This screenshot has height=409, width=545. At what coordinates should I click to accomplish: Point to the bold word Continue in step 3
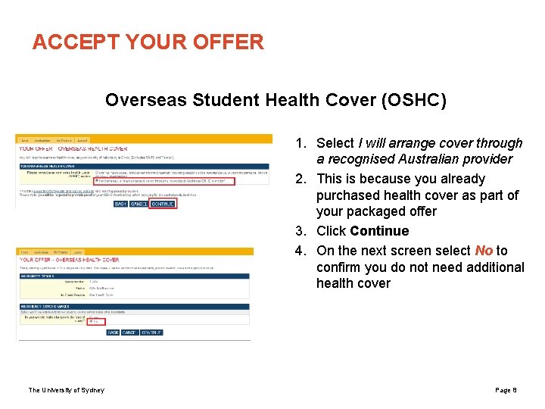pos(379,231)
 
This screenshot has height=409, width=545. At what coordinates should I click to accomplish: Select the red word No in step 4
pos(484,251)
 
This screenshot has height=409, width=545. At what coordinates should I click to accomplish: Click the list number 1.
pos(301,143)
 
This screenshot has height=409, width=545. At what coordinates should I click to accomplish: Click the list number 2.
pos(301,179)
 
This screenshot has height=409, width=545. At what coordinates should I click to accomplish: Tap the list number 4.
pos(301,251)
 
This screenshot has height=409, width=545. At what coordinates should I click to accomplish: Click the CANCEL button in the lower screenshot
pos(130,333)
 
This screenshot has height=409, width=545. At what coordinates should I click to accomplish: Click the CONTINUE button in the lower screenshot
pos(151,333)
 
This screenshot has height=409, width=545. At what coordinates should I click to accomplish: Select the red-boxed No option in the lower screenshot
pos(94,321)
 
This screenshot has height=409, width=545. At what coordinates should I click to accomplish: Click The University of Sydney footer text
pos(67,390)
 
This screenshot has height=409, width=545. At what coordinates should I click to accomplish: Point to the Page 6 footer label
pos(505,390)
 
